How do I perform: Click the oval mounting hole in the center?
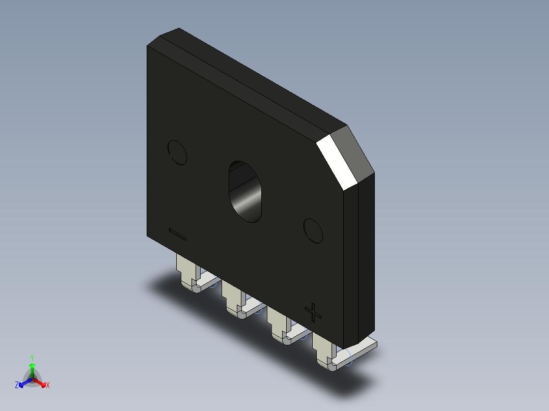coord(245,192)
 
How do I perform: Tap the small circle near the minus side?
coord(177,153)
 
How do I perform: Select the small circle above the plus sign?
coord(313,231)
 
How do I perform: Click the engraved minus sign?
coord(177,234)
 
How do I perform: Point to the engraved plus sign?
coord(313,312)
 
